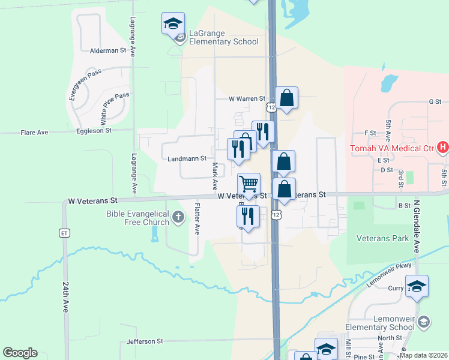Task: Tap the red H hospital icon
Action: (443, 146)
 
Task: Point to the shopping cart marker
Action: (249, 184)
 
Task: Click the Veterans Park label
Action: (383, 238)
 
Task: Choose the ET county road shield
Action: (64, 233)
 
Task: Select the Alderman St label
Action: (108, 51)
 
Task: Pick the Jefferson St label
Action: (145, 341)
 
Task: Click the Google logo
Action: (20, 353)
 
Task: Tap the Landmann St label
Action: (187, 158)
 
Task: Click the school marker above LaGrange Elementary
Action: (173, 24)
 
